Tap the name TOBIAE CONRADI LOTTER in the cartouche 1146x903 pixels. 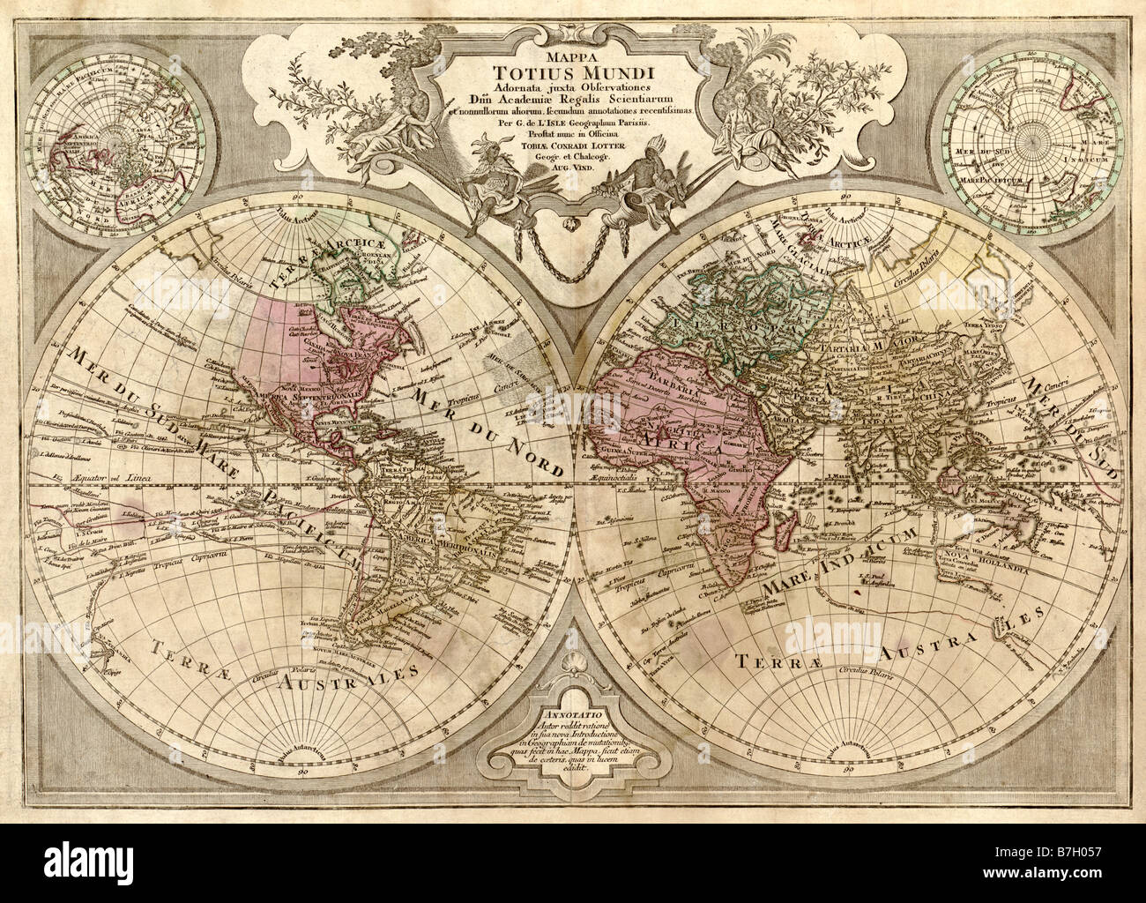pyautogui.click(x=572, y=146)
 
